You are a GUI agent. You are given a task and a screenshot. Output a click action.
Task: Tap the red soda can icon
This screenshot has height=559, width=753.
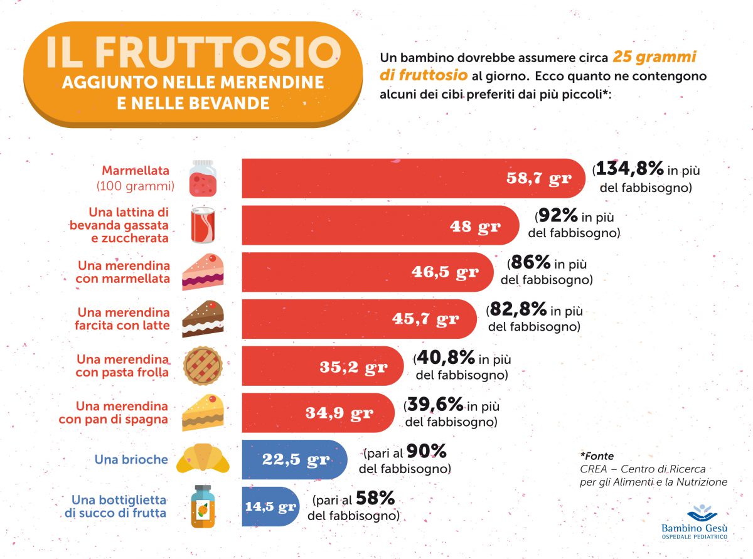(205, 225)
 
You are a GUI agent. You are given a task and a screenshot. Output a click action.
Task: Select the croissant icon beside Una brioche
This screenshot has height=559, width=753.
(203, 460)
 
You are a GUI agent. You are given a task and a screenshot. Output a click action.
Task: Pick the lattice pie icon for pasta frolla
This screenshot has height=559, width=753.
(203, 366)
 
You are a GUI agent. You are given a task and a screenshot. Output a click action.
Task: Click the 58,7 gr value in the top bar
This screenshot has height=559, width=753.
(539, 178)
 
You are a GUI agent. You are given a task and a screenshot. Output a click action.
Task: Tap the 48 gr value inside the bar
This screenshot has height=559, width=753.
(476, 226)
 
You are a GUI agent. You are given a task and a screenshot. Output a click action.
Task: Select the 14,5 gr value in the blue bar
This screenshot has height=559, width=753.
(270, 506)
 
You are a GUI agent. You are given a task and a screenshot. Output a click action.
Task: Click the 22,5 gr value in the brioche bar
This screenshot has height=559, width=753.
(296, 459)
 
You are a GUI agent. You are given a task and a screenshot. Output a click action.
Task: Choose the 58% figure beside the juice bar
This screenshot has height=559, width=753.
(375, 499)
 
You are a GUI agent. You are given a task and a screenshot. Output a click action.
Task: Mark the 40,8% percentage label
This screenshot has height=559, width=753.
(446, 358)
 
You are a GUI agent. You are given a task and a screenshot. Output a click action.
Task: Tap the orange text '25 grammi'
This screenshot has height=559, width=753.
(654, 58)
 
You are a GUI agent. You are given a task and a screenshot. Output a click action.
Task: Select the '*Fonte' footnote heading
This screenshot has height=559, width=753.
(597, 456)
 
